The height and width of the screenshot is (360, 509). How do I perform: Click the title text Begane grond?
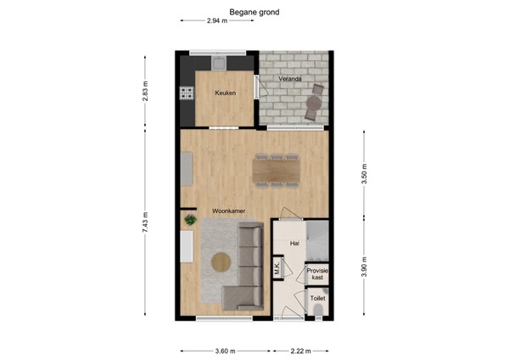[254, 13]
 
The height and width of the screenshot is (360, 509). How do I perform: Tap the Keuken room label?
[225, 93]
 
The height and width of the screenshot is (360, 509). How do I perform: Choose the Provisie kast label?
[317, 274]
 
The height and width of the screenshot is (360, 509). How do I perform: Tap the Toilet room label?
[317, 299]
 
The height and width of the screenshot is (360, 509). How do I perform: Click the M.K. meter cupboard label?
[277, 272]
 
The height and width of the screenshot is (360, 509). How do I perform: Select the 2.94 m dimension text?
[217, 21]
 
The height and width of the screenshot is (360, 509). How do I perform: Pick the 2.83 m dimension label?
[145, 91]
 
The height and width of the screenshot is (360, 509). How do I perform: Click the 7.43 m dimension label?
[145, 223]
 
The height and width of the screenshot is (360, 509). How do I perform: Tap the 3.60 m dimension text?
[226, 350]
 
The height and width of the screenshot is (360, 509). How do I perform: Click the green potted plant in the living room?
[190, 220]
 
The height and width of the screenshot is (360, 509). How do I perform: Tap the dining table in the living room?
[276, 172]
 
